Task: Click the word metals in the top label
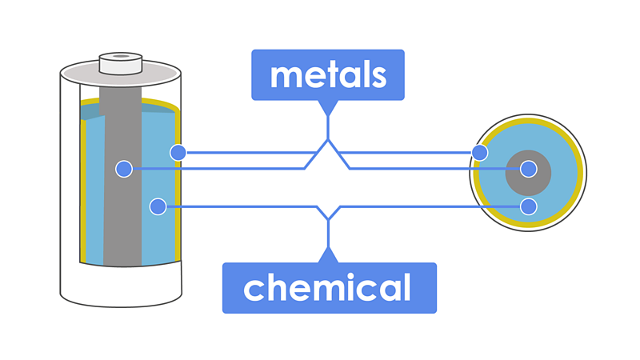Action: click(x=328, y=75)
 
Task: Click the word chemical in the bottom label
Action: click(x=327, y=287)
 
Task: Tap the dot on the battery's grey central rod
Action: click(x=123, y=169)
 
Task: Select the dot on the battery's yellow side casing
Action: click(x=178, y=152)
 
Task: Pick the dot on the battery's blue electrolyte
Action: click(x=158, y=206)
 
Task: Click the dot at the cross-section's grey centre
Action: click(x=528, y=169)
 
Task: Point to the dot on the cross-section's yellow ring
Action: click(x=480, y=152)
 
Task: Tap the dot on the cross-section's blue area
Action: click(x=528, y=206)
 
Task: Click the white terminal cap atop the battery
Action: click(x=120, y=63)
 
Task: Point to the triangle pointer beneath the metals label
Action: click(x=328, y=106)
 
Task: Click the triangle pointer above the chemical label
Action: click(x=328, y=255)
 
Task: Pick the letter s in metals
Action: click(x=378, y=76)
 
